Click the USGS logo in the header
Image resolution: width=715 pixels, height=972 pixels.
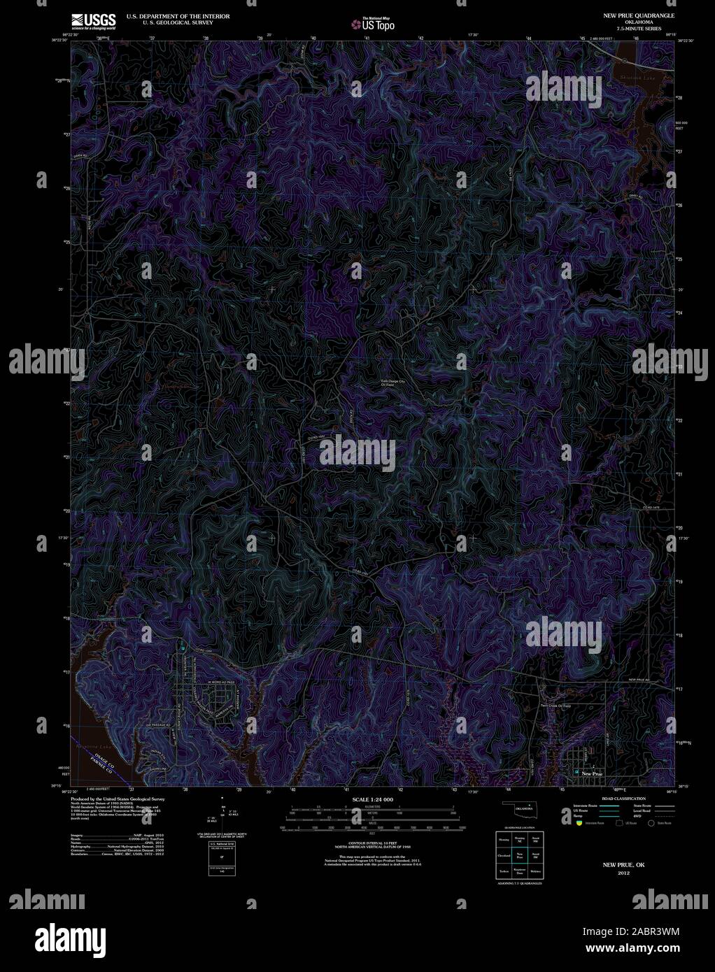92,20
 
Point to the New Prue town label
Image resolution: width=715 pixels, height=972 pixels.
592,774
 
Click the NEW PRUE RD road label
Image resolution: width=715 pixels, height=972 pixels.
639,680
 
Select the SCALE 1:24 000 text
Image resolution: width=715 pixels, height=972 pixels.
372,799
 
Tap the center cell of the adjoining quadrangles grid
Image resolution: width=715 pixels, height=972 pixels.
519,855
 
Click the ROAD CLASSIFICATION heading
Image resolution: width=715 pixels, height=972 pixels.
623,798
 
